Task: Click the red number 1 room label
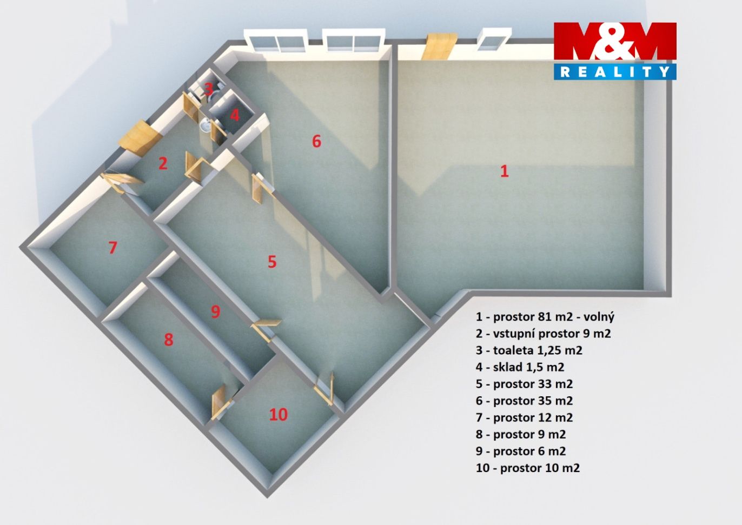pos(504,171)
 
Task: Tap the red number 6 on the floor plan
pos(316,142)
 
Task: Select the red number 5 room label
pos(272,262)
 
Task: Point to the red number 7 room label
pos(112,248)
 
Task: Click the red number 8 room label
pos(169,340)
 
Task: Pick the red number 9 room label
pos(215,311)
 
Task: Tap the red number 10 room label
pos(278,414)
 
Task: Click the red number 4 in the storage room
pos(235,115)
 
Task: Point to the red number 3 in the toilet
pos(208,89)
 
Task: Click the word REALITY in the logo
pos(615,72)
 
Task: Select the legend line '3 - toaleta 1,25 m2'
pos(529,350)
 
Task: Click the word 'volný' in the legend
pos(599,317)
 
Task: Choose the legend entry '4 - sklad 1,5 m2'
pos(520,367)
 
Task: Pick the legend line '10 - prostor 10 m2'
pos(528,468)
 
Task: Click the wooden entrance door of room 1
pos(438,46)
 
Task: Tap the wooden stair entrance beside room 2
pos(140,138)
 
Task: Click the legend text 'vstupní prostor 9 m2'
pos(552,334)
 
